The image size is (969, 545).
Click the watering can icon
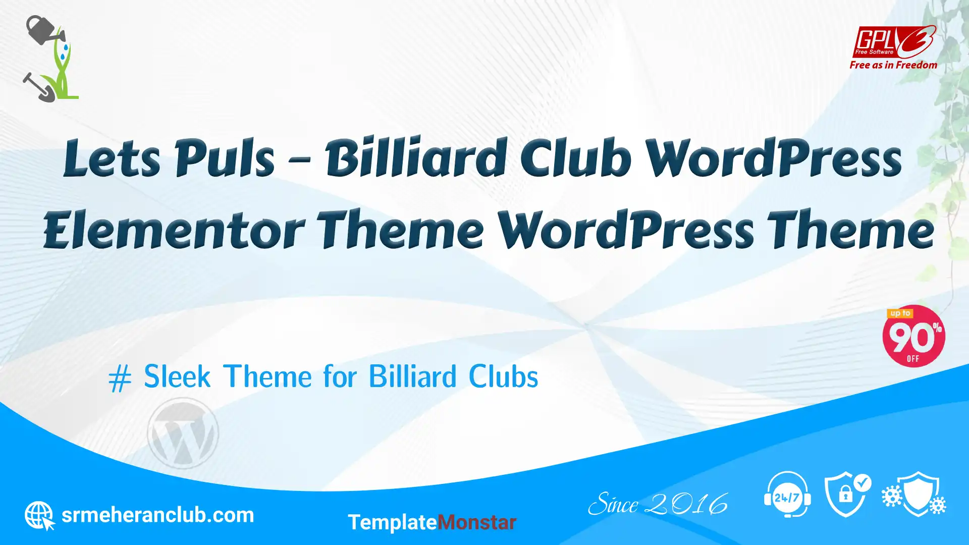pos(44,30)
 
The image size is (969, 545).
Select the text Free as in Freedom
pos(893,65)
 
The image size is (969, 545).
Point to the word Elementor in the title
pos(174,230)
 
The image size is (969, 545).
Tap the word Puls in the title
pos(225,157)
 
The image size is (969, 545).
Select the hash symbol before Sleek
pos(120,378)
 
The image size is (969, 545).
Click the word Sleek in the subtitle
pos(177,376)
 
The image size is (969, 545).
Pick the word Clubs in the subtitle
pos(503,376)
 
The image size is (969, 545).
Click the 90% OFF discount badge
pos(913,336)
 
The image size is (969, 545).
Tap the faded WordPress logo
pos(183,433)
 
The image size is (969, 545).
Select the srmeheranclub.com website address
pos(157,515)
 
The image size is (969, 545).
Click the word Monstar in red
pos(476,522)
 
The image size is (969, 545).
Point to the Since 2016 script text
pos(658,504)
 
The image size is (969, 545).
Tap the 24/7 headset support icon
pos(787,495)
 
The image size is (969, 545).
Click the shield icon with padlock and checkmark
pos(848,495)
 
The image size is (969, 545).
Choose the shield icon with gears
pos(914,494)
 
